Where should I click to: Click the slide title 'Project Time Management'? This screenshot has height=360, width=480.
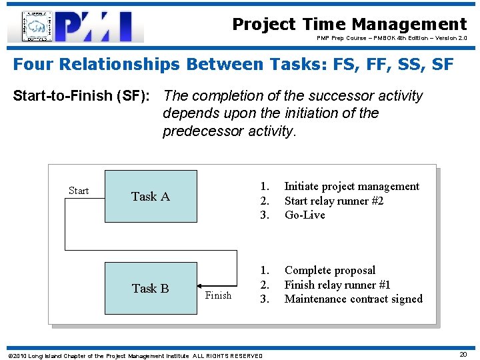pos(349,25)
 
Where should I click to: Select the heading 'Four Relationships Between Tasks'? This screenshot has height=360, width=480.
pos(233,65)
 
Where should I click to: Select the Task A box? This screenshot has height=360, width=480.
pos(151,196)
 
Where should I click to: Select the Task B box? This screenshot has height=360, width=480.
pos(151,288)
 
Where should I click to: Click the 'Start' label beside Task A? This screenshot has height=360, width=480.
pos(79,191)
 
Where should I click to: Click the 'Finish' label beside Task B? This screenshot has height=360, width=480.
pos(218,295)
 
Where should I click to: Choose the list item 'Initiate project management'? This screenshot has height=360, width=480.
pos(351,187)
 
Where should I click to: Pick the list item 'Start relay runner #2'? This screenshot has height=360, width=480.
pos(333,201)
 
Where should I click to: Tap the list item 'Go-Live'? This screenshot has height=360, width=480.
pos(305,215)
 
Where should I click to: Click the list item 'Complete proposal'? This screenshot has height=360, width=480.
pos(329,271)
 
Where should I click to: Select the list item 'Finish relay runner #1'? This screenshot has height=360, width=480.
pos(337,285)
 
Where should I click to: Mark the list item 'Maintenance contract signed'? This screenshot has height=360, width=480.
pos(353,299)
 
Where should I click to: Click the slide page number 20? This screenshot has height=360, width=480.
pos(463,355)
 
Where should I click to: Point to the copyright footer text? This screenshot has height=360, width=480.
pos(134,355)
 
